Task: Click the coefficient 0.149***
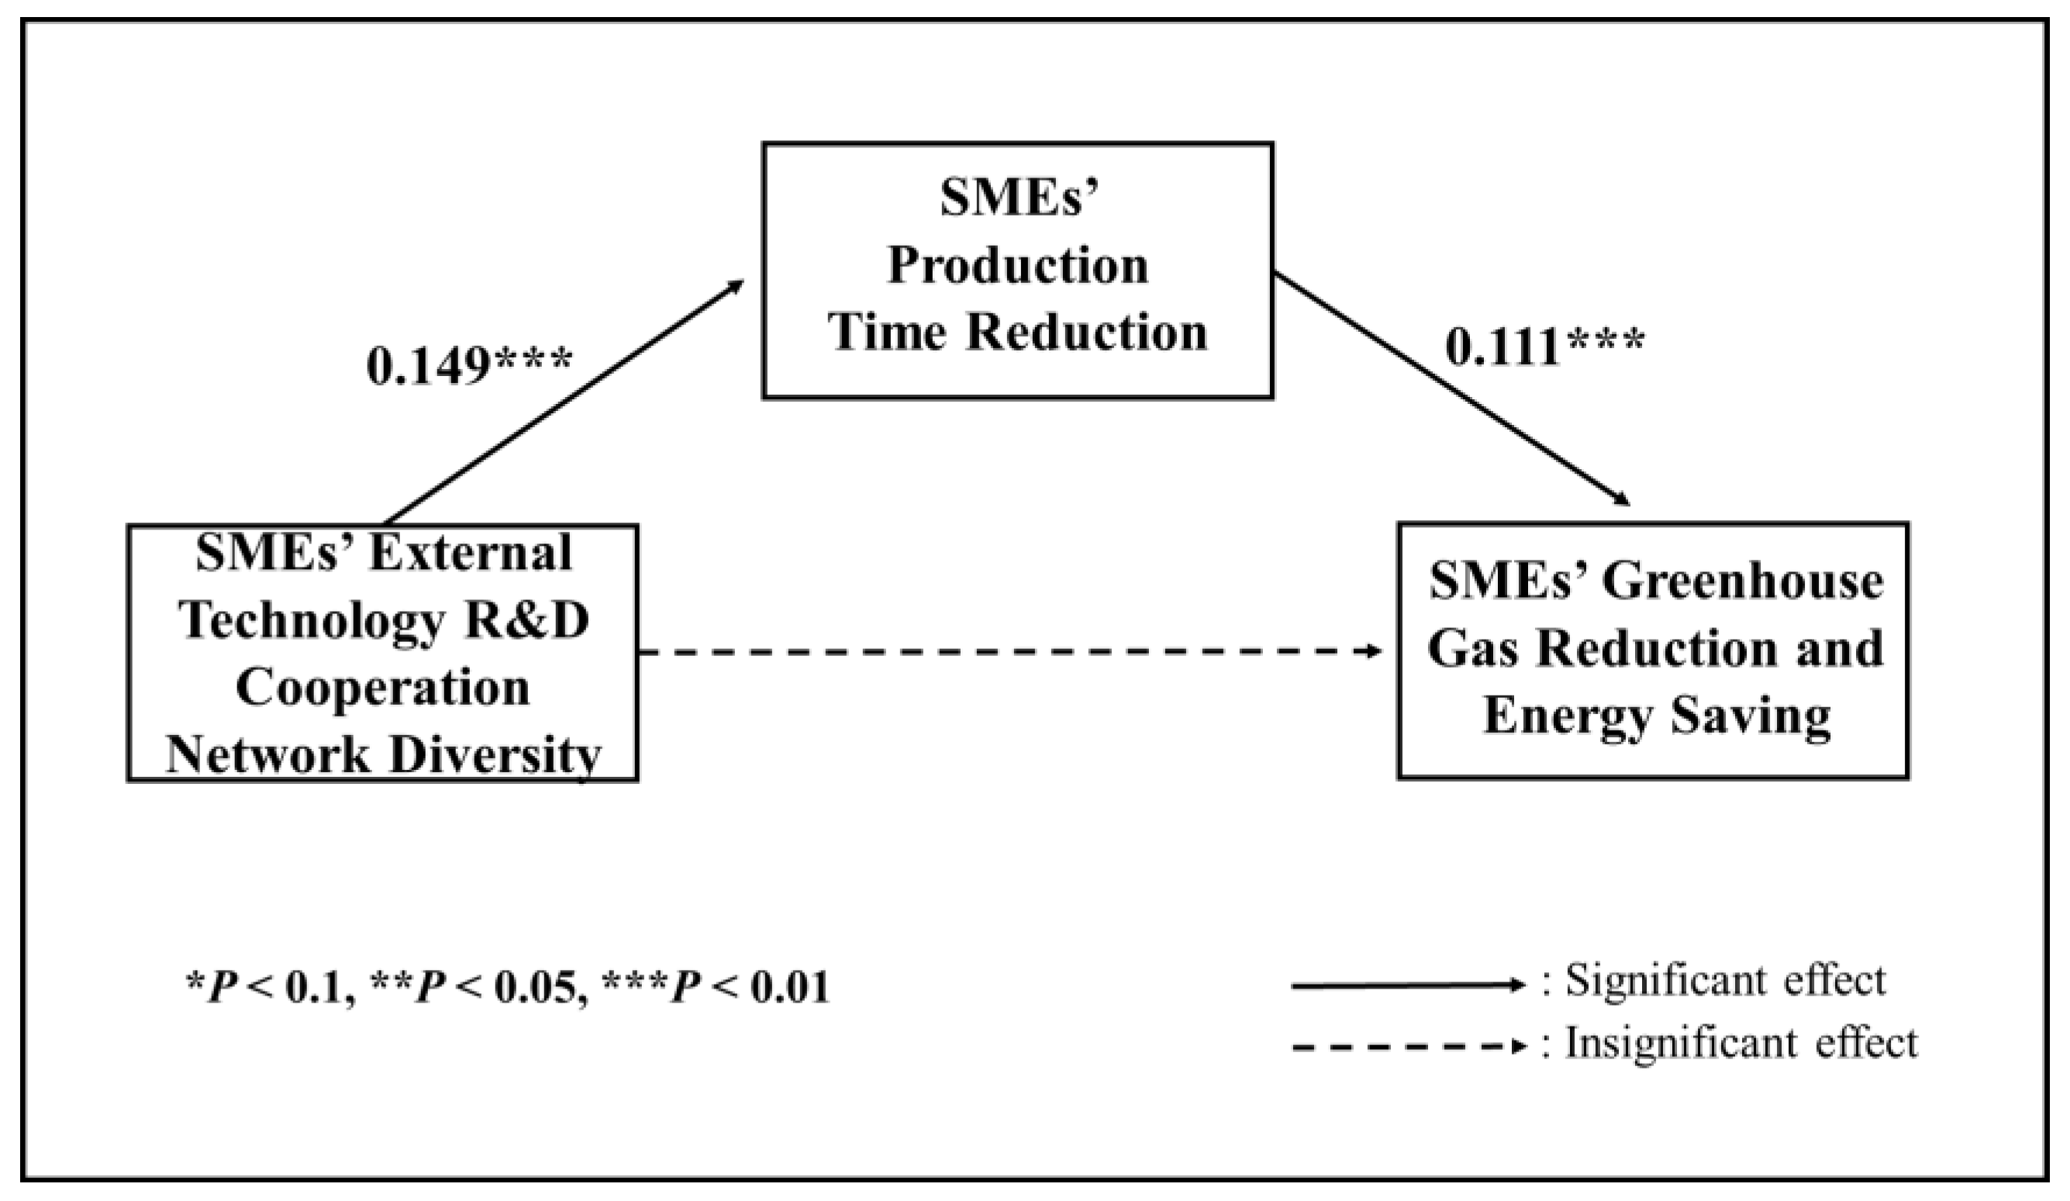468,364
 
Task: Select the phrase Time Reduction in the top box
1018,332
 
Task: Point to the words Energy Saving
1657,716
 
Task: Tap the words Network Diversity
384,754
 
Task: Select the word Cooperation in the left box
383,688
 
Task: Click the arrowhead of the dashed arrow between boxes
1375,651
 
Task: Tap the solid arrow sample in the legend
1407,985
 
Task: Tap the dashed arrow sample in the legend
1407,1047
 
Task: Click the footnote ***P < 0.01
715,988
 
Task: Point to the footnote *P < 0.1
271,988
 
